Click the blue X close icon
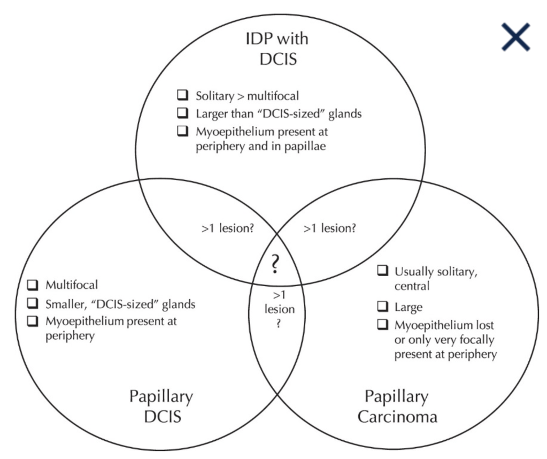tap(515, 37)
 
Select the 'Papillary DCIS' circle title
tap(161, 406)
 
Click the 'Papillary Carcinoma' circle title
tap(396, 406)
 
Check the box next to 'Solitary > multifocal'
tap(183, 95)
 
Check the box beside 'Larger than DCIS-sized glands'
tap(183, 113)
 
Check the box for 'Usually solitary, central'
tap(382, 271)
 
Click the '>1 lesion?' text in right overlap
tap(330, 228)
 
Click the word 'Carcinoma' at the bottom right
tap(396, 417)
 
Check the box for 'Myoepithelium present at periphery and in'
tap(183, 130)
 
